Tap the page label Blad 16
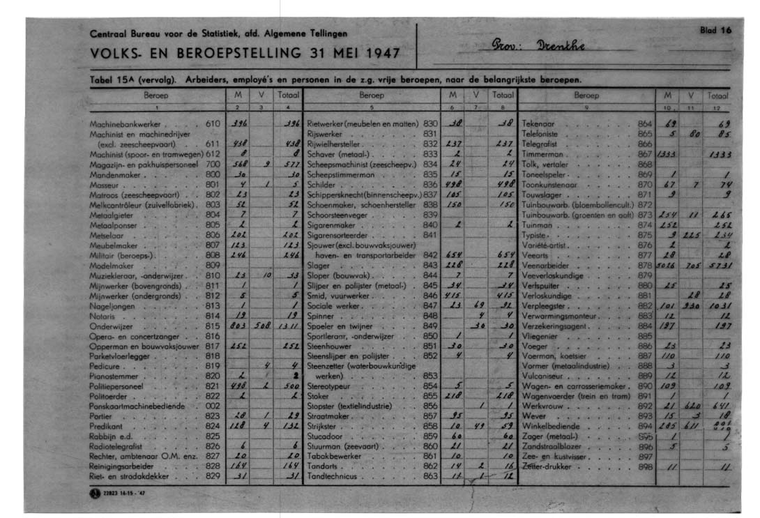(x=715, y=31)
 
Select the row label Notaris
(x=102, y=315)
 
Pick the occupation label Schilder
(x=321, y=184)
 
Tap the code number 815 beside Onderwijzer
(x=213, y=326)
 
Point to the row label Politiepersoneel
(x=116, y=386)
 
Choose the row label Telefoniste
(x=540, y=132)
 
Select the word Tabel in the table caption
(x=101, y=78)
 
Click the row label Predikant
(x=106, y=426)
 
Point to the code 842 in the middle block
(x=430, y=255)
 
